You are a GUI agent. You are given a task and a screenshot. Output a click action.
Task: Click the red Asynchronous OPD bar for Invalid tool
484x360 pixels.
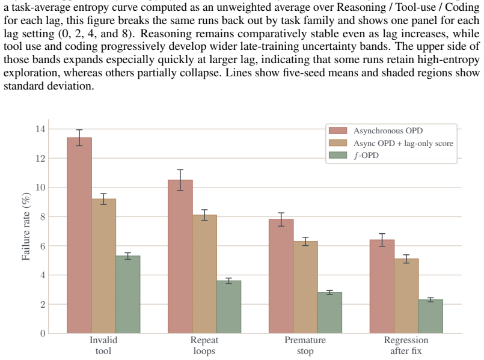[x=79, y=235]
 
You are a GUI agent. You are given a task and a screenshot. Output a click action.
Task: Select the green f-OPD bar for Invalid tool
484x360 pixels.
[x=128, y=294]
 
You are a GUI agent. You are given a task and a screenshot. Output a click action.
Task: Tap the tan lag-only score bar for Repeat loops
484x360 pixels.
[x=204, y=274]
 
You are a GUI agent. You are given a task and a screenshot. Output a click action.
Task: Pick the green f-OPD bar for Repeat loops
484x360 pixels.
[x=228, y=307]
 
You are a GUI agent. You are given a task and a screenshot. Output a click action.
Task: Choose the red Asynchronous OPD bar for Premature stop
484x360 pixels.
[x=281, y=276]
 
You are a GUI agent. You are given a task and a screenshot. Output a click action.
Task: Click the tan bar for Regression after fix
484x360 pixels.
[x=406, y=296]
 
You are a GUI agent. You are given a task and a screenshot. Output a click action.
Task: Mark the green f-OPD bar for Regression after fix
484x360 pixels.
[x=430, y=316]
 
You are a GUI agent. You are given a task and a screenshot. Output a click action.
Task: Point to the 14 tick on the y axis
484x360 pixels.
[x=40, y=129]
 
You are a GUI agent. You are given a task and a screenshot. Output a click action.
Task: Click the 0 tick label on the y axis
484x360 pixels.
[x=43, y=334]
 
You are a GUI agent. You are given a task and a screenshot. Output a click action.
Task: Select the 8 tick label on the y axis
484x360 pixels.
[x=43, y=217]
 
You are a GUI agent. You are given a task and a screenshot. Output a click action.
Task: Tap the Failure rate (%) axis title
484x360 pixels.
[x=26, y=227]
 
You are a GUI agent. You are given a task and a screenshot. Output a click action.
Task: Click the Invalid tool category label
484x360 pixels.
[x=103, y=346]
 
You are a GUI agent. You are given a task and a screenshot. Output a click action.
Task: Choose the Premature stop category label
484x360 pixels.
[x=305, y=346]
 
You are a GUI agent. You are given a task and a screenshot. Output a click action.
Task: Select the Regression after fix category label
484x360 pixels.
[x=406, y=346]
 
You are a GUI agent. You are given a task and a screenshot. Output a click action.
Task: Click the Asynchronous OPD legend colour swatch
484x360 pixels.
[x=338, y=130]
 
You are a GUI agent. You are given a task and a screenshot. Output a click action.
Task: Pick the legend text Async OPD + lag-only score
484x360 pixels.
[x=403, y=143]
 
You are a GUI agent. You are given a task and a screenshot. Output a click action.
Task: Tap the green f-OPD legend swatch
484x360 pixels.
[x=338, y=155]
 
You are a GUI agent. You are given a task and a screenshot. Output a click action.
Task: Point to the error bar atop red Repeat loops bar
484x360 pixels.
[x=180, y=180]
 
